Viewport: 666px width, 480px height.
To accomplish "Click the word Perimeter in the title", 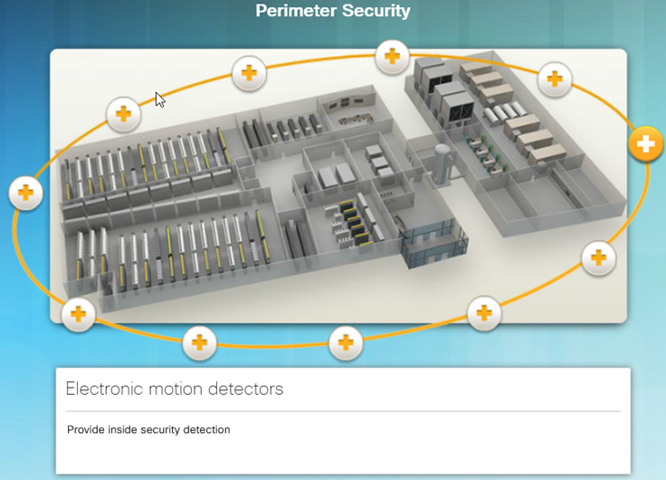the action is [296, 11].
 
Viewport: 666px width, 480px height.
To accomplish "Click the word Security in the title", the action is [376, 11].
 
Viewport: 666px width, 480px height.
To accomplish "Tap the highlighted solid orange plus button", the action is [645, 144].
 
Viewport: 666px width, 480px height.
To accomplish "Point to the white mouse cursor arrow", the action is [159, 100].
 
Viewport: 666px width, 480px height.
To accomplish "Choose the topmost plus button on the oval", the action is [392, 56].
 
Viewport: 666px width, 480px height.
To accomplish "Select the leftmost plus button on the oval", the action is [25, 193].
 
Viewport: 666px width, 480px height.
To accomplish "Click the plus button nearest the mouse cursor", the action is [123, 114].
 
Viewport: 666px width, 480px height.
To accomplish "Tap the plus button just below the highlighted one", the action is [598, 257].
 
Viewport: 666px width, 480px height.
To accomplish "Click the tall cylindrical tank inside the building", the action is [442, 163].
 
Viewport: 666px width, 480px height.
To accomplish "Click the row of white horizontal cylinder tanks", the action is [507, 112].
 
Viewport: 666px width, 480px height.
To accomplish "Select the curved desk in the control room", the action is [355, 119].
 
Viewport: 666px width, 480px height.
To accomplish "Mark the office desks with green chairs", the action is [487, 152].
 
